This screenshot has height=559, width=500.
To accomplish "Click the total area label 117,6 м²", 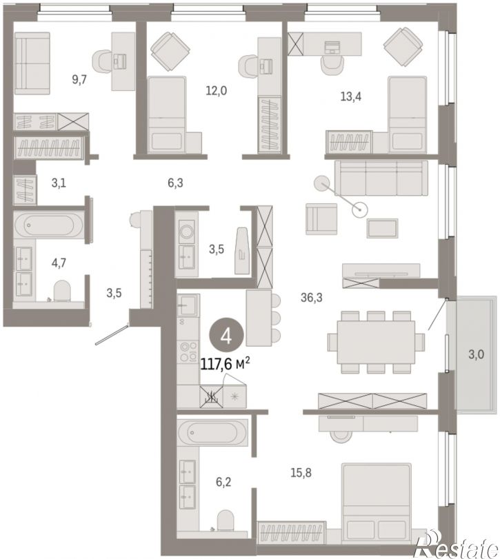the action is (x=225, y=365).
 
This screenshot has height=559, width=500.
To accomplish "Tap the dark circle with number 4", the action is (x=226, y=336).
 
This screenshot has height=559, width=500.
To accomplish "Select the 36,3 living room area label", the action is (x=311, y=297).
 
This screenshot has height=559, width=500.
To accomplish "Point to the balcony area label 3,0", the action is (x=476, y=354).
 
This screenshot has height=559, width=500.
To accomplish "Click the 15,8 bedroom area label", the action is (x=301, y=473).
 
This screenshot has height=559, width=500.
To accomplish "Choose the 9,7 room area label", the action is (x=79, y=79).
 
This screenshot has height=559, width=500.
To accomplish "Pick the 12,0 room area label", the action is (x=216, y=90).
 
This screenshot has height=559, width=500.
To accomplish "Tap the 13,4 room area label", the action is (x=351, y=96).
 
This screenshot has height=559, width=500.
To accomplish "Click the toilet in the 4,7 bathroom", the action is (x=62, y=291).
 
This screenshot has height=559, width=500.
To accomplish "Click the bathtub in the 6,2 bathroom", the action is (x=212, y=432).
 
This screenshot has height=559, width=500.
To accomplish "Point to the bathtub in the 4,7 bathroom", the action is (x=49, y=225).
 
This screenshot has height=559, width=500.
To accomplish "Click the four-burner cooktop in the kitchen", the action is (x=189, y=351).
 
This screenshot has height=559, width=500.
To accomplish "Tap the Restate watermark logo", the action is (x=457, y=544).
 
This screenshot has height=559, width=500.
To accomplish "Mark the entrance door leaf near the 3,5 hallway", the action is (x=111, y=334).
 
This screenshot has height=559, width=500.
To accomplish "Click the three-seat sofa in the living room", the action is (x=381, y=178).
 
